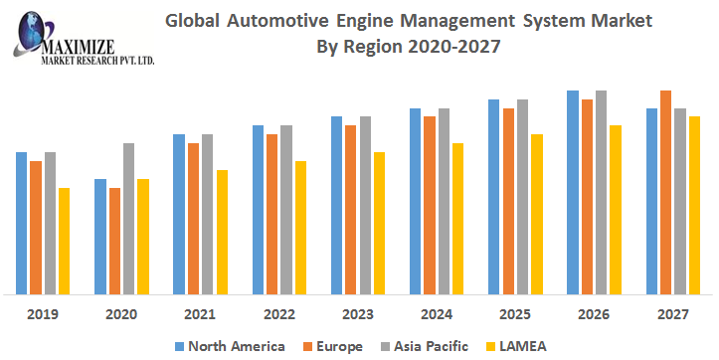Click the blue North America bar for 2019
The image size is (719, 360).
point(22,223)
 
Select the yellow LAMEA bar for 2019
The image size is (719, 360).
point(64,241)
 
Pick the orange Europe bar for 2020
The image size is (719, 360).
point(114,241)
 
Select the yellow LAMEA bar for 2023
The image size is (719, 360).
point(379,223)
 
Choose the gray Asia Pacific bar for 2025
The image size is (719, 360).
point(522,197)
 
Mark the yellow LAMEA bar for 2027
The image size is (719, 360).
point(694,205)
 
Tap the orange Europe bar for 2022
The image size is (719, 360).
point(271,214)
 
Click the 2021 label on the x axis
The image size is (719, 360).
point(200,313)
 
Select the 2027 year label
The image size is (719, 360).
point(672,313)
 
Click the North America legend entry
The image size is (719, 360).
point(230,346)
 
